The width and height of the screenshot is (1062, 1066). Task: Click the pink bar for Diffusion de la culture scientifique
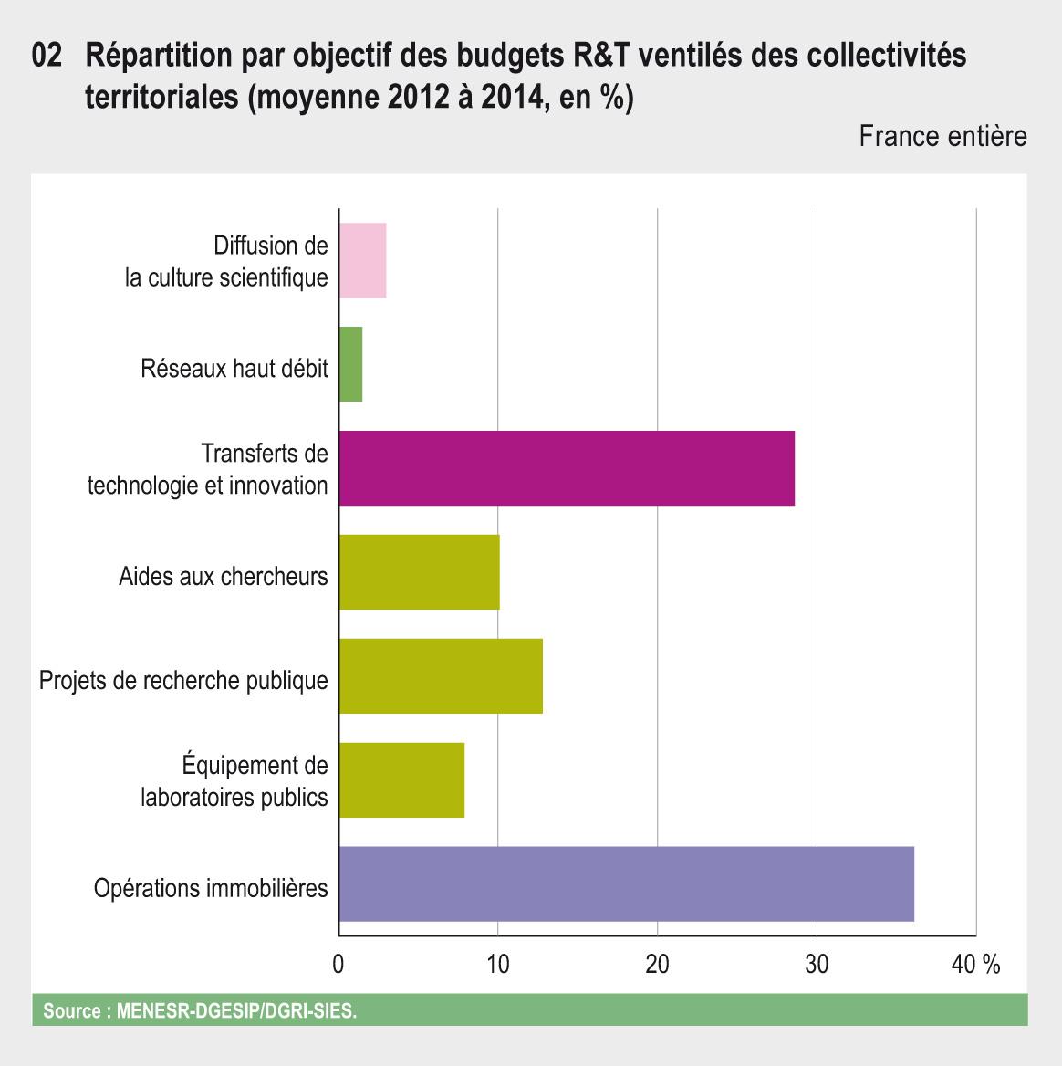point(362,260)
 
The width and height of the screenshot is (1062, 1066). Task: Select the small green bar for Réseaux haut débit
point(350,364)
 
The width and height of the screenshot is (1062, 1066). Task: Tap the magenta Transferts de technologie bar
point(566,468)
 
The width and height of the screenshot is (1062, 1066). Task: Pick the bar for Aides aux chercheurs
point(419,572)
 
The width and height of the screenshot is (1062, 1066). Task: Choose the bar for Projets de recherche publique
point(441,676)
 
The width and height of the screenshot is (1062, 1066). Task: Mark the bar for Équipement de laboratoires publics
point(401,780)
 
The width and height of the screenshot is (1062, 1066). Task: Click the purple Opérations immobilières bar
point(626,884)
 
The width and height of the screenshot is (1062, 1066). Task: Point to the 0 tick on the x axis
point(338,965)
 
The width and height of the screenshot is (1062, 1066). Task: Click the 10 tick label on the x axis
point(497,965)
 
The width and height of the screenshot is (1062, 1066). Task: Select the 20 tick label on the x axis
point(657,965)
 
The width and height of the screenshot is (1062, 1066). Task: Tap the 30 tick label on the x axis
point(817,965)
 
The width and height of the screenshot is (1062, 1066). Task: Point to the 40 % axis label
point(975,965)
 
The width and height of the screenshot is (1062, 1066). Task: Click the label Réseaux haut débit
point(234,369)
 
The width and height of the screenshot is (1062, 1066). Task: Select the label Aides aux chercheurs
point(224,577)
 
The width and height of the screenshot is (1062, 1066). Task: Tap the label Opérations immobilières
point(211,888)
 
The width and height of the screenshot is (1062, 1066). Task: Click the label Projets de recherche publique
point(183,681)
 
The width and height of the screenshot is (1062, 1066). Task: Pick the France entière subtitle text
point(942,137)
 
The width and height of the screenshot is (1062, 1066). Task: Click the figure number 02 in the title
point(47,57)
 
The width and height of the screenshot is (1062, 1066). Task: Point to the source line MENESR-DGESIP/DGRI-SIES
point(200,1011)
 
